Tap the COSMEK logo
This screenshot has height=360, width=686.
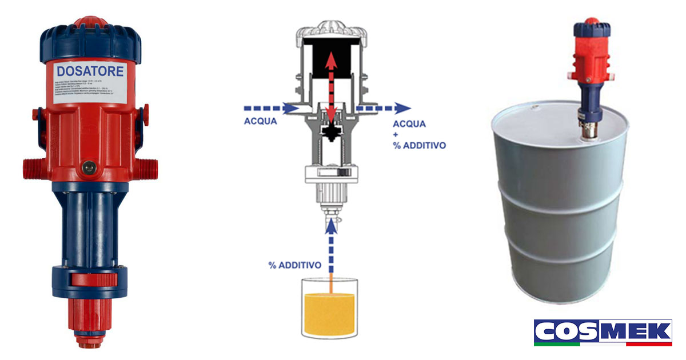pyautogui.click(x=603, y=331)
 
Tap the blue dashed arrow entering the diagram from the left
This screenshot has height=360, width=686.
pyautogui.click(x=269, y=107)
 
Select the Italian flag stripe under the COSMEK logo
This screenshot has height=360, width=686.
pyautogui.click(x=603, y=344)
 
